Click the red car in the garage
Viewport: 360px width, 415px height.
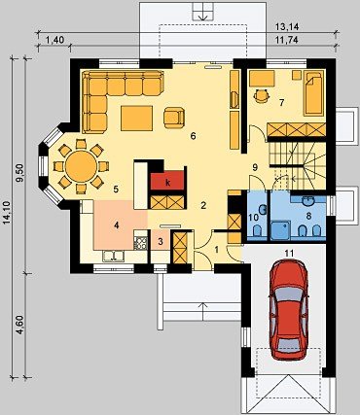[289, 309]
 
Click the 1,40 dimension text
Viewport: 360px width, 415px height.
[54, 40]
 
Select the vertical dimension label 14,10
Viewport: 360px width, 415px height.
[7, 212]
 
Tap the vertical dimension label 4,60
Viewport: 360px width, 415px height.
[19, 325]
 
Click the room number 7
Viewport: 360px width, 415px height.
[281, 103]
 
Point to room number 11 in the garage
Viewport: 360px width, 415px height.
[289, 254]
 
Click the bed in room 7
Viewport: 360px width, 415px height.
[313, 93]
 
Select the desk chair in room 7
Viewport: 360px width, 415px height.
[261, 95]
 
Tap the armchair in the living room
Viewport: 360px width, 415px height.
[174, 118]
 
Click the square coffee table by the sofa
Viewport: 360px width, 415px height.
[136, 118]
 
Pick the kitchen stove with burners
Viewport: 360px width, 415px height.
[140, 243]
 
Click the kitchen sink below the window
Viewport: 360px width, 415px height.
[114, 256]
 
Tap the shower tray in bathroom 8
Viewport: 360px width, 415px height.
[281, 230]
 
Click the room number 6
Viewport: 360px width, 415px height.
[194, 136]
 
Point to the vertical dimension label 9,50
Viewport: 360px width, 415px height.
[19, 175]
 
